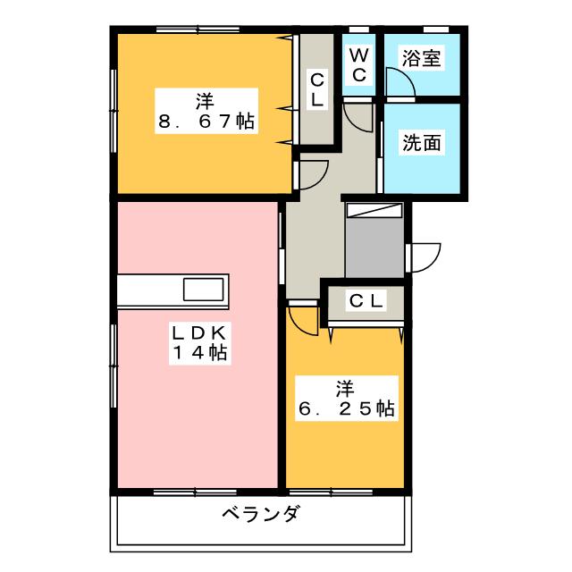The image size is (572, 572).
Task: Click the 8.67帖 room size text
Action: tap(206, 123)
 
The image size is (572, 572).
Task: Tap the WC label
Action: tap(357, 65)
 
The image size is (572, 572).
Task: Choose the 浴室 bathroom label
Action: tap(422, 59)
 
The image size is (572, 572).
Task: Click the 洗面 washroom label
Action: tap(422, 142)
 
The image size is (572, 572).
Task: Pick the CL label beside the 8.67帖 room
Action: tap(316, 90)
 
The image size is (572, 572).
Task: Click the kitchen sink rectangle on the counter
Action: tap(204, 290)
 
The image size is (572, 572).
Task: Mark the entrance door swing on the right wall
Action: tap(425, 256)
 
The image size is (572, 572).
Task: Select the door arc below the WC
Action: tap(358, 116)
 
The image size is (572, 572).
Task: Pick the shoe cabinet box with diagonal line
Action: tap(374, 210)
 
